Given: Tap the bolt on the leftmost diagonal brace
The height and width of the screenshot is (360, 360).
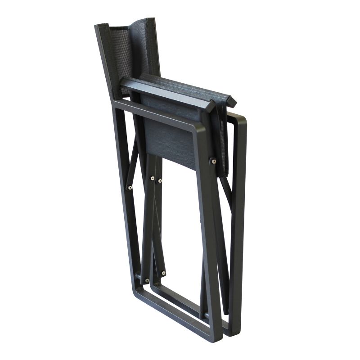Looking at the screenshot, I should pyautogui.click(x=130, y=188).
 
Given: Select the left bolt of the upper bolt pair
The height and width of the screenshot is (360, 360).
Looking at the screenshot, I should pyautogui.click(x=152, y=179).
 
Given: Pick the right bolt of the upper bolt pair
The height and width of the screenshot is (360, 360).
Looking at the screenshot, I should pyautogui.click(x=160, y=181).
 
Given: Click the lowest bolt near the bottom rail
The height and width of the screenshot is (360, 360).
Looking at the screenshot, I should pyautogui.click(x=147, y=280).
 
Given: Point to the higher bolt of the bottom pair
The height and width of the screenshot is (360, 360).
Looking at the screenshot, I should pyautogui.click(x=163, y=273).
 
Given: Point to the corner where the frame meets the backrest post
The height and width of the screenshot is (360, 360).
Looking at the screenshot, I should pyautogui.click(x=116, y=103).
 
